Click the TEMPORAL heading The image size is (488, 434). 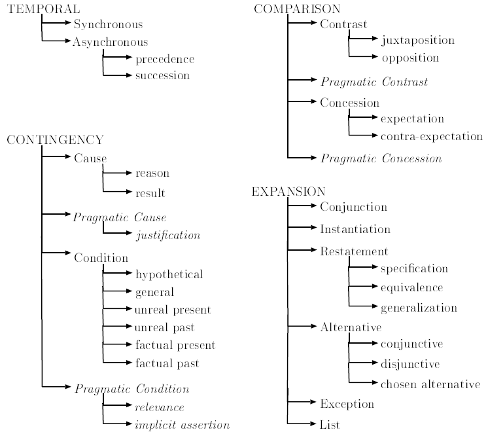click(34, 9)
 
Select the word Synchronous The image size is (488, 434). click(108, 25)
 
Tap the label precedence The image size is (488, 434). click(164, 59)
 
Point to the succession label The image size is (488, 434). click(162, 75)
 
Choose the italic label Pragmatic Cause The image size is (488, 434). click(120, 217)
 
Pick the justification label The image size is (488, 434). click(167, 234)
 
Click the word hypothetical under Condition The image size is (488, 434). click(169, 274)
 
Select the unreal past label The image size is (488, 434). click(164, 327)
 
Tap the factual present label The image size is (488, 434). click(175, 345)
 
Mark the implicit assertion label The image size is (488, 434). click(182, 425)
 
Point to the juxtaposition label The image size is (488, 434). click(417, 41)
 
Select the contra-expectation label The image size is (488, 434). click(431, 136)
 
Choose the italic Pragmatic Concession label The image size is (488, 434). click(381, 158)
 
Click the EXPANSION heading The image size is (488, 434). click(288, 192)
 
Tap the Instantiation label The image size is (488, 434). click(355, 229)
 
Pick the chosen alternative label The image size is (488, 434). click(430, 384)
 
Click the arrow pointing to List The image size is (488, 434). click(303, 425)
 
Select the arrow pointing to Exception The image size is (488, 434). click(303, 403)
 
